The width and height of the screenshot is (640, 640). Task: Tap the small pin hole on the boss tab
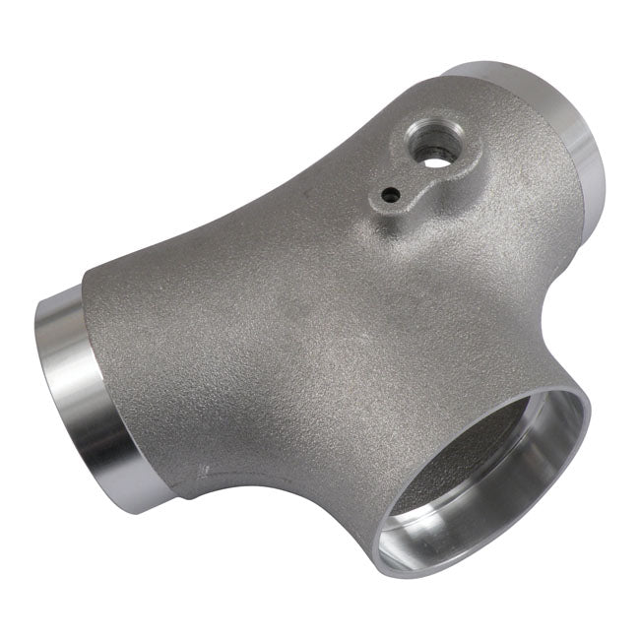pyautogui.click(x=392, y=193)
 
